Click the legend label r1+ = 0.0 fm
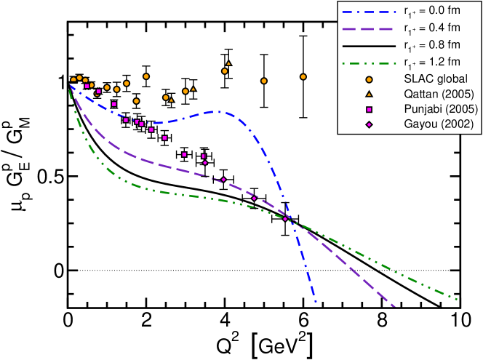(x=432, y=12)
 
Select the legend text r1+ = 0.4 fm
(x=432, y=28)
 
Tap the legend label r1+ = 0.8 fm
(x=432, y=45)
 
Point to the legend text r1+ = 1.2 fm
(x=432, y=62)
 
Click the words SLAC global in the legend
(x=435, y=79)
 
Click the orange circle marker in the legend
(x=369, y=79)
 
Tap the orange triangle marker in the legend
(x=369, y=94)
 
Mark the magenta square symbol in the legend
(x=369, y=109)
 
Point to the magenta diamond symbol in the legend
(x=369, y=124)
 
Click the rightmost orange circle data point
(x=303, y=76)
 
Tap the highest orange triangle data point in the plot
(x=228, y=63)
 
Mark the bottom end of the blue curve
(x=316, y=300)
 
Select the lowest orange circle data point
(x=136, y=101)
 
